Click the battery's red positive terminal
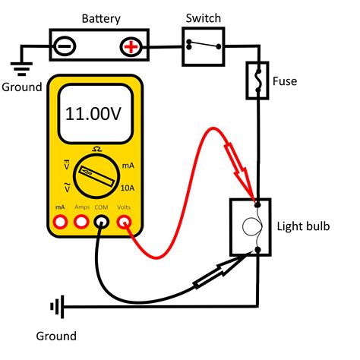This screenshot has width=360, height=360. click(x=132, y=47)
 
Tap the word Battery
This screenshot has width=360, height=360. click(x=99, y=16)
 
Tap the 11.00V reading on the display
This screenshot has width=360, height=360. click(x=94, y=115)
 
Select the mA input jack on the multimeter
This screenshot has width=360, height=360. click(x=60, y=222)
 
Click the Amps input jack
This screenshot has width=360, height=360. click(x=81, y=222)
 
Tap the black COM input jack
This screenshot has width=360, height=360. click(x=102, y=222)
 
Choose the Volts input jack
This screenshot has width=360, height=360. click(x=124, y=222)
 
